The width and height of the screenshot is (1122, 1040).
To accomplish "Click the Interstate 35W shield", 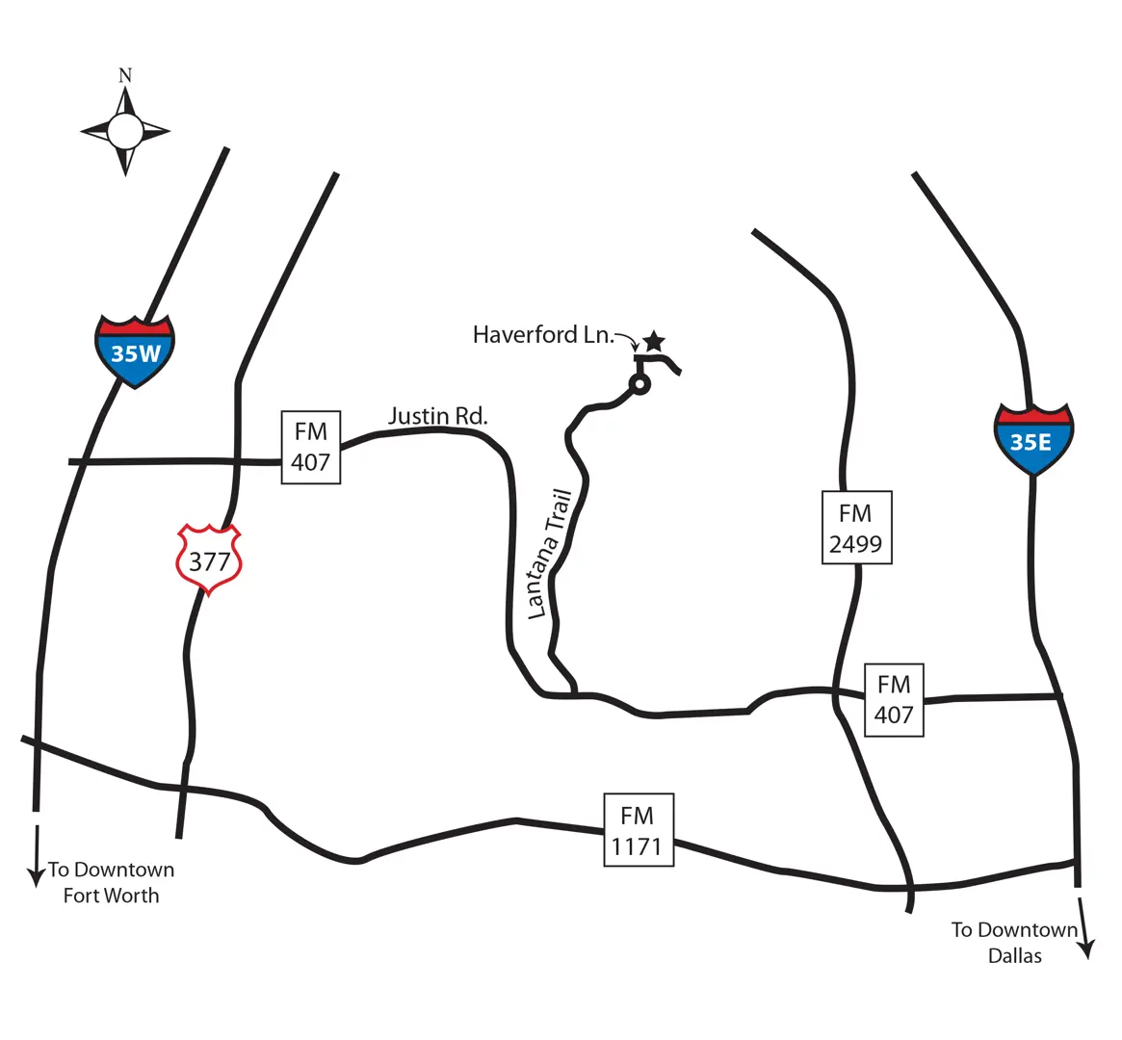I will pos(135,351).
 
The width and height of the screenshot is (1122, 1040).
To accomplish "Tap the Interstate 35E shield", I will pos(1033,439).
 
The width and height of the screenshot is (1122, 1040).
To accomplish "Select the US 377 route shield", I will pos(209,559).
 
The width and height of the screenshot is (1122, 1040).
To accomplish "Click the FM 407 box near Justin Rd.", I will pos(310,447).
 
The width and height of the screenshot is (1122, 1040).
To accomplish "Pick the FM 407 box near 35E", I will pos(894,700).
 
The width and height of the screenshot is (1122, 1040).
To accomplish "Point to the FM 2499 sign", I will pos(856,528).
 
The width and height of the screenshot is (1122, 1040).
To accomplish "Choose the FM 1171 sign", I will pos(638,830).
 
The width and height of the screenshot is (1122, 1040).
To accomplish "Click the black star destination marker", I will pos(654,341).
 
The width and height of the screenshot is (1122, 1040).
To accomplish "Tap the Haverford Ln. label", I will pos(543,335).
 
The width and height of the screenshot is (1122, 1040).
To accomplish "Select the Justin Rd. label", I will pos(438,416).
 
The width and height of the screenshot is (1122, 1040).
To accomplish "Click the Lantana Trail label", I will pos(551,555).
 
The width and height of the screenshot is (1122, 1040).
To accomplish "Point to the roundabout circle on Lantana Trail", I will pos(639,384).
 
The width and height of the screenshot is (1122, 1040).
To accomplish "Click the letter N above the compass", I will pos(125,75).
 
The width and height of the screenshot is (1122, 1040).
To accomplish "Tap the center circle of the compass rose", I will pos(125,131).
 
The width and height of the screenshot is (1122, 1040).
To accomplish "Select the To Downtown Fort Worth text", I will pos(111,882).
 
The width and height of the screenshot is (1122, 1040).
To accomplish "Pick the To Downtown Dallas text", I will pos(1015,943).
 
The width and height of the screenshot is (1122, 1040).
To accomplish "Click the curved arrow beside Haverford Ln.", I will pos(627,341).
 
